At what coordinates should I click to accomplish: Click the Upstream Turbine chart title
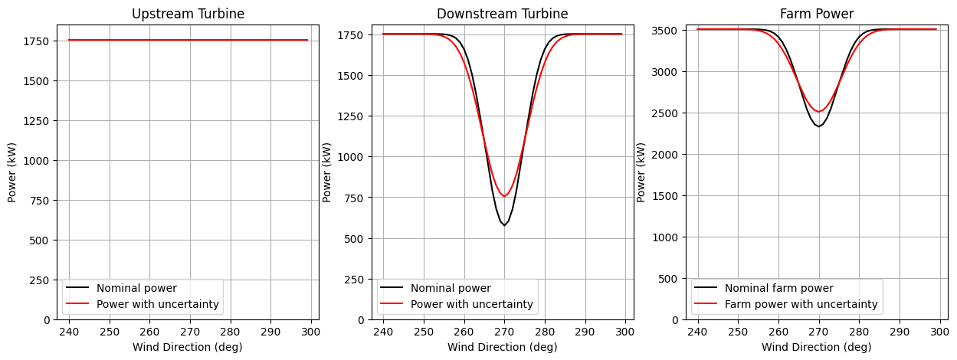point(188,14)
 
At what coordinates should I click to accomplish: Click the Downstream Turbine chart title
point(503,14)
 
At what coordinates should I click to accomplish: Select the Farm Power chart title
point(817,14)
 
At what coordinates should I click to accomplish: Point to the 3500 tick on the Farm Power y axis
point(665,31)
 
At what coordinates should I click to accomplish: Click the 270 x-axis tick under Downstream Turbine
point(504,332)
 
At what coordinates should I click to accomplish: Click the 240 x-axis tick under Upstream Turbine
point(69,332)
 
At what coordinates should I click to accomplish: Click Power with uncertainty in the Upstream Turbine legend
point(157,304)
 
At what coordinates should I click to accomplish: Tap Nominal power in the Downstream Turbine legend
point(451,288)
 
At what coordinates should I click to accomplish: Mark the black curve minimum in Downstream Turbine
point(504,225)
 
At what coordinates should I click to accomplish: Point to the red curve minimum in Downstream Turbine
point(504,196)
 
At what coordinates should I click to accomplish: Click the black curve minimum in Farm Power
point(819,126)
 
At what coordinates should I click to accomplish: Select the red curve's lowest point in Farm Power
point(819,112)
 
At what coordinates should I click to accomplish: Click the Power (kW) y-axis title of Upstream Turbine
point(12,172)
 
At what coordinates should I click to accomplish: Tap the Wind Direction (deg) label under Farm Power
point(817,347)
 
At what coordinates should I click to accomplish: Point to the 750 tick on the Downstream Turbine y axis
point(354,198)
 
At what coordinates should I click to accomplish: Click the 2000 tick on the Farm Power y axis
point(665,155)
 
